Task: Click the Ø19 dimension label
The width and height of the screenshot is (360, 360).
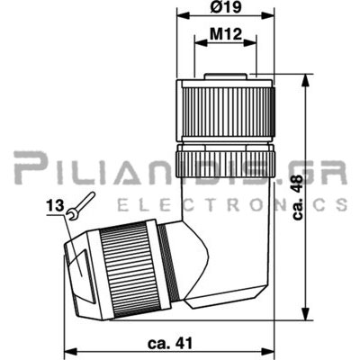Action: coord(226,7)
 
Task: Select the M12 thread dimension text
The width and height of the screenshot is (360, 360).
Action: coord(226,34)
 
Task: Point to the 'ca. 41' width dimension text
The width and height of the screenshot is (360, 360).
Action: coord(170,344)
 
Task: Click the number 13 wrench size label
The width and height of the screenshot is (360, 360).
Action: coord(55,206)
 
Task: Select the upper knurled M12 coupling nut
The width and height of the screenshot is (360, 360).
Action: coord(226,111)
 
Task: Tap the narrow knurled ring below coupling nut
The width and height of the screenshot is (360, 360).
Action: coord(225,164)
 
